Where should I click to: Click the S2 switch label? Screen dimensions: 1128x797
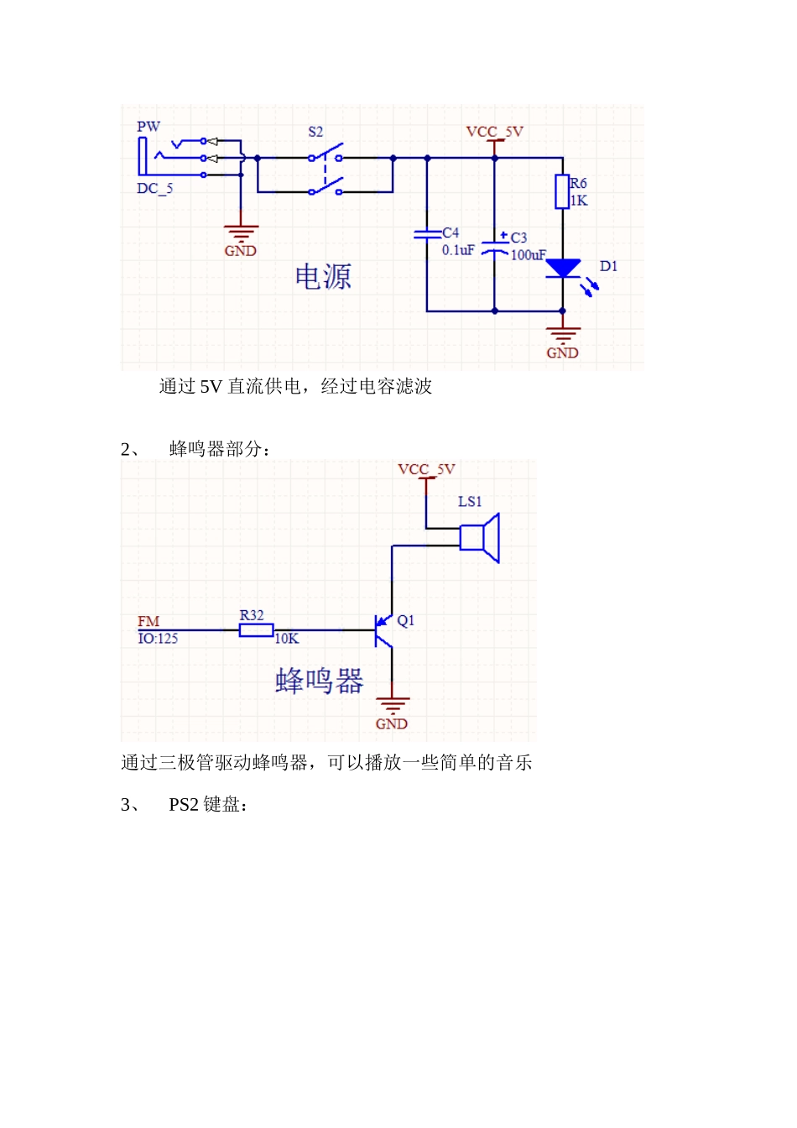click(x=315, y=132)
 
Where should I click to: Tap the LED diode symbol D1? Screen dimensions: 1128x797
click(x=563, y=269)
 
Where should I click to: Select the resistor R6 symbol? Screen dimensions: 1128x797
click(x=562, y=191)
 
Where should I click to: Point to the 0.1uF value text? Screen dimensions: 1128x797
click(x=458, y=250)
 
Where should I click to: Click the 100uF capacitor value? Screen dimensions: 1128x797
click(x=529, y=255)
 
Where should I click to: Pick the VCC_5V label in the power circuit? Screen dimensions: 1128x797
click(x=494, y=132)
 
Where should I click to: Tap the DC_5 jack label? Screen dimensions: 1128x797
click(x=154, y=189)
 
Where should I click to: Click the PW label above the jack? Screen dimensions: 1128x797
click(x=148, y=127)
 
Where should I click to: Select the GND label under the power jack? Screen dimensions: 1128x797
click(x=240, y=251)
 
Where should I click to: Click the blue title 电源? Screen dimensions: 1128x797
click(x=323, y=277)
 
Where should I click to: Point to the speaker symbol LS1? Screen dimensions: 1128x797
click(x=481, y=537)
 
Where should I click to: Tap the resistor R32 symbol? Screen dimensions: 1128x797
click(x=256, y=629)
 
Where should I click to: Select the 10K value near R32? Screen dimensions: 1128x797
click(x=287, y=639)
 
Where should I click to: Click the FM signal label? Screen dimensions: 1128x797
click(x=148, y=621)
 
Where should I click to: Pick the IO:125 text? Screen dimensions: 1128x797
click(x=158, y=639)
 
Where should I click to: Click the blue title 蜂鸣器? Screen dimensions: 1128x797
click(x=320, y=681)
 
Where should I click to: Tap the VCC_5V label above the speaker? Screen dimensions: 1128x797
click(x=426, y=469)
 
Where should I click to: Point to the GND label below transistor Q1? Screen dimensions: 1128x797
click(x=391, y=724)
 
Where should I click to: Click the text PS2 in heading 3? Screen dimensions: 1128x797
click(x=184, y=805)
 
